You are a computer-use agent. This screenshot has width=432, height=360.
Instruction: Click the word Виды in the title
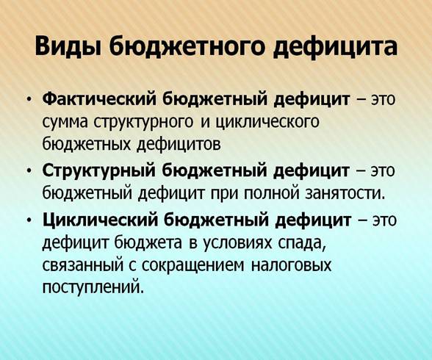click(x=69, y=46)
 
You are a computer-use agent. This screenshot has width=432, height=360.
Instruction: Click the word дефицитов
click(x=179, y=145)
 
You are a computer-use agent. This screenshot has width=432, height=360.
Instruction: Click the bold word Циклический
click(x=100, y=221)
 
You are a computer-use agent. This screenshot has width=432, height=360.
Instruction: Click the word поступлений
click(x=93, y=287)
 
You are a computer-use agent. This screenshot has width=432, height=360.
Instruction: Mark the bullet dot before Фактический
click(x=29, y=100)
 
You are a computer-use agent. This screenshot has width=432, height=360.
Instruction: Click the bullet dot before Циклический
click(x=29, y=222)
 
